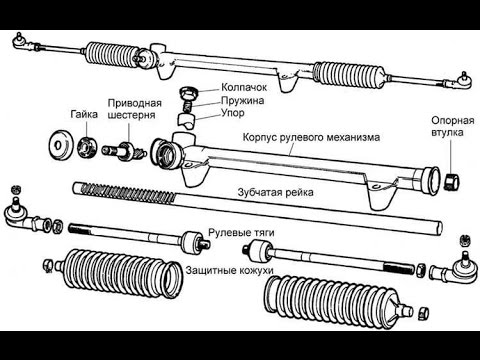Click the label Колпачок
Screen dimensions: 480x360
pos(244,87)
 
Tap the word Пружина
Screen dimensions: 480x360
pos(243,100)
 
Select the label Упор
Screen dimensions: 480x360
pos(233,113)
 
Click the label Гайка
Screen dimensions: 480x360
pos(84,114)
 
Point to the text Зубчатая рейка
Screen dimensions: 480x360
pos(275,192)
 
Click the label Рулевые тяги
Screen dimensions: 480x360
pos(241,232)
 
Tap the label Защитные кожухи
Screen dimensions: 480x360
pos(229,270)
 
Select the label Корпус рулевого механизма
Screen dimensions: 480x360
pos(311,137)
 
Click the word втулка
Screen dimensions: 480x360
pos(447,132)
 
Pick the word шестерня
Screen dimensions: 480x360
pos(132,115)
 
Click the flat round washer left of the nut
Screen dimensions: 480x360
pos(61,145)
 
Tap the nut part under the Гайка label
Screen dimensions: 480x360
pos(87,147)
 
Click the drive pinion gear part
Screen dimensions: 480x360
pos(124,152)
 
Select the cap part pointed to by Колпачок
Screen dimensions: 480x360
pos(188,93)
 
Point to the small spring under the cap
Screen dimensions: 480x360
pos(188,106)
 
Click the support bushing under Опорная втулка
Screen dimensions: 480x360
pos(452,180)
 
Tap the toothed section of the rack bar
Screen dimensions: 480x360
pos(124,193)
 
